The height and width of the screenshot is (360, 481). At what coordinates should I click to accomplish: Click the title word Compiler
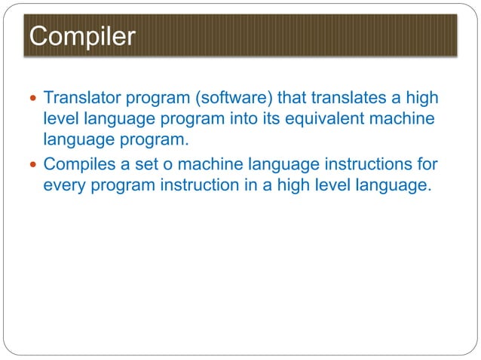(81, 36)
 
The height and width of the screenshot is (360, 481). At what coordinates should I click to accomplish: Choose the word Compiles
(80, 164)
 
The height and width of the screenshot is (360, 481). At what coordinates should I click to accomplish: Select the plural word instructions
(372, 164)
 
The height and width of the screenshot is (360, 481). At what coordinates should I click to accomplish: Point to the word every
(65, 186)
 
